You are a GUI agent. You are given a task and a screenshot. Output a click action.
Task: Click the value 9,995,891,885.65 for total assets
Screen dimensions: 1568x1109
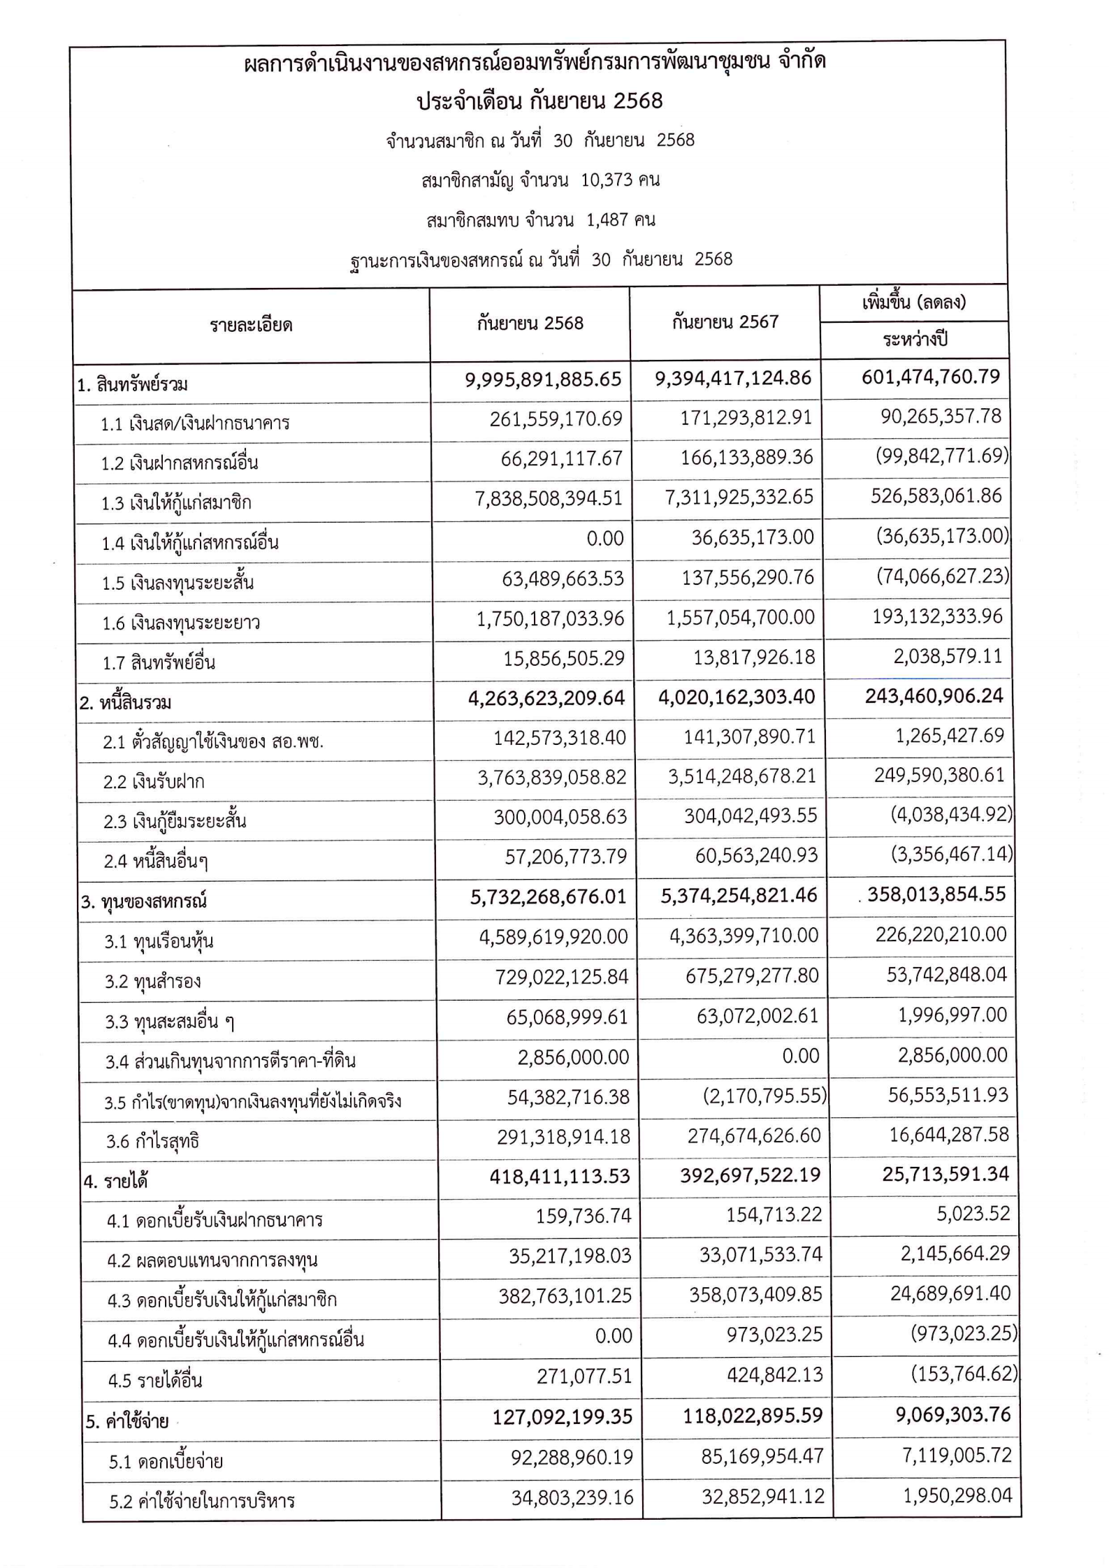[543, 379]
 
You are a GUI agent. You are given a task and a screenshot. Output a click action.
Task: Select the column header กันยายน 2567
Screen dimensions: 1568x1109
[725, 322]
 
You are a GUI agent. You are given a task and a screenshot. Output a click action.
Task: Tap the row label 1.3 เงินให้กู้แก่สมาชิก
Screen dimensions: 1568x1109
[176, 503]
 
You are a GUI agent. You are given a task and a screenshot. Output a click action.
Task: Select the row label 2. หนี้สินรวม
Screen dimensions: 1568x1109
[125, 702]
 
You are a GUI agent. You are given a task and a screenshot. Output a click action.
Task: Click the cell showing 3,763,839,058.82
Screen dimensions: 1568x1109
[552, 777]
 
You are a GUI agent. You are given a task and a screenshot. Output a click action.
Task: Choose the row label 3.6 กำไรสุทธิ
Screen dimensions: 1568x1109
[152, 1142]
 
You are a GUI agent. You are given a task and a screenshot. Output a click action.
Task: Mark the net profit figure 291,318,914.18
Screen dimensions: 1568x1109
[563, 1137]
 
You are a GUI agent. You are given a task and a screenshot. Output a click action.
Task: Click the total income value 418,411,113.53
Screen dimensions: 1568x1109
[560, 1177]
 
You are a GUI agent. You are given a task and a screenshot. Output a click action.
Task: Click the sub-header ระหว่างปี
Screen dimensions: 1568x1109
[914, 340]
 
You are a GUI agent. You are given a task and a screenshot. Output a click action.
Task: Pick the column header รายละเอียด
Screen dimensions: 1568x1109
[251, 325]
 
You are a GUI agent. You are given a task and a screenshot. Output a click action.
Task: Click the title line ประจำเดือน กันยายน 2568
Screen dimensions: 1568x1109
[539, 101]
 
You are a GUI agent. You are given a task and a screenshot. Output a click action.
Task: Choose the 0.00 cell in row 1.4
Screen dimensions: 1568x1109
[604, 538]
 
